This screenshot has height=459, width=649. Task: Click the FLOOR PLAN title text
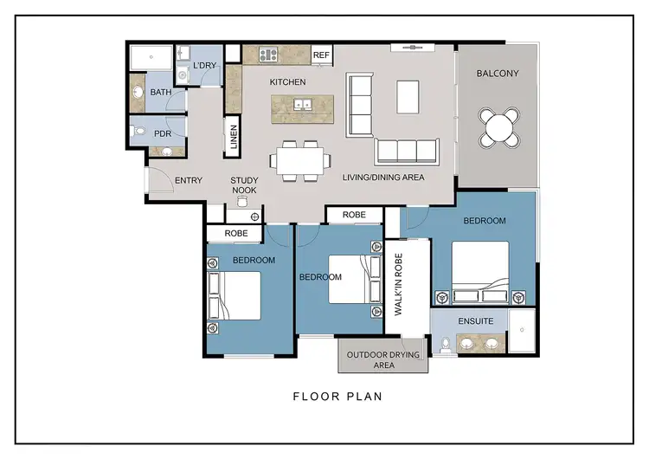click(337, 398)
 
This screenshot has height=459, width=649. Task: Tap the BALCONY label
click(498, 74)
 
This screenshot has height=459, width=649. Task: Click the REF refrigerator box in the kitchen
click(321, 55)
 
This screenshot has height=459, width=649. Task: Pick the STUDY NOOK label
click(244, 185)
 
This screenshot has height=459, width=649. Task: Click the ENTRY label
click(189, 181)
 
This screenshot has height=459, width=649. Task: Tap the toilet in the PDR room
click(141, 133)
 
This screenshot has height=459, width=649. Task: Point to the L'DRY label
click(205, 66)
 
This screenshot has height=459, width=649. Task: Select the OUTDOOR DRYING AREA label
click(382, 359)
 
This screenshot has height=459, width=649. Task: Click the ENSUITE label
click(475, 321)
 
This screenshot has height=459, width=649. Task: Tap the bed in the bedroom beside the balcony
click(480, 269)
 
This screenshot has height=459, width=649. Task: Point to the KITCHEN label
click(288, 82)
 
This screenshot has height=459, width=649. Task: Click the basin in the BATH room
click(138, 89)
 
